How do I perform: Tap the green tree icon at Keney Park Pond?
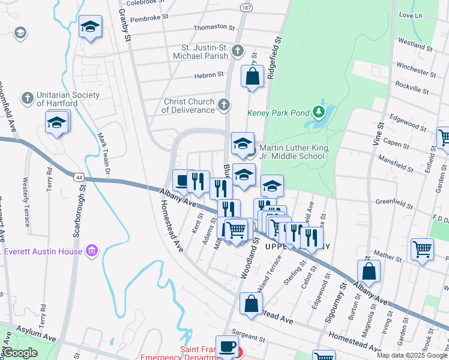(x=319, y=112)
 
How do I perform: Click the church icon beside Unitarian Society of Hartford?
(x=27, y=98)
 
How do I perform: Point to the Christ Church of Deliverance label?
(x=189, y=106)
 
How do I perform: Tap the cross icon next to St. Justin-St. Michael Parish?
(x=238, y=51)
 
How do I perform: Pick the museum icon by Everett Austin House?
(x=92, y=250)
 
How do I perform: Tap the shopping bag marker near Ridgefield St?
(x=253, y=77)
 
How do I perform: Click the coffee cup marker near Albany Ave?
(x=182, y=179)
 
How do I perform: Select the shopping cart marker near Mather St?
(x=422, y=248)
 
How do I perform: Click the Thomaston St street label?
(x=214, y=28)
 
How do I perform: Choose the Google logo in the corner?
(x=20, y=353)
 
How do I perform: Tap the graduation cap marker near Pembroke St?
(x=90, y=27)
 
